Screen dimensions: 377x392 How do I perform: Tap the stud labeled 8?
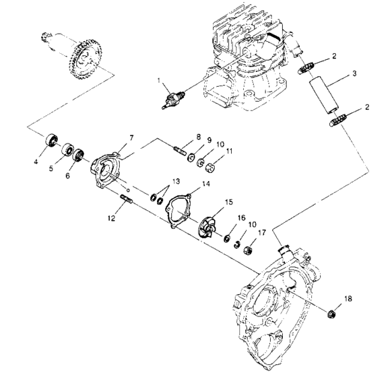[181, 146]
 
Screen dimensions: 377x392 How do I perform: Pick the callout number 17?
[262, 233]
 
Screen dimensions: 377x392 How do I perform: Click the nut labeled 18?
[331, 314]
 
